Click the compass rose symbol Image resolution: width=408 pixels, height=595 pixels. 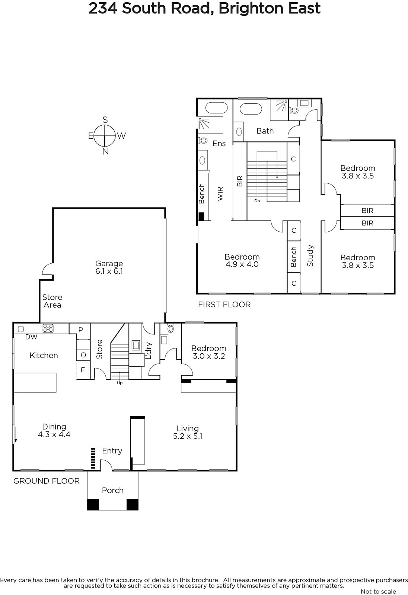click(105, 136)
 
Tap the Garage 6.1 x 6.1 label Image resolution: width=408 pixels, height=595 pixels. click(109, 267)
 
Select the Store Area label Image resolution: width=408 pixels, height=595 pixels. click(52, 301)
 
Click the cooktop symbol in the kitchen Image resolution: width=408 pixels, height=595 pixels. click(48, 328)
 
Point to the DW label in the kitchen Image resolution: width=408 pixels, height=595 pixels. click(31, 337)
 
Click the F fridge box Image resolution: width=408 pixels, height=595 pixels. click(83, 370)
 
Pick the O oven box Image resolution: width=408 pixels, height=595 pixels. click(83, 355)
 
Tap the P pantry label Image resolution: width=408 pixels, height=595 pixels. click(80, 329)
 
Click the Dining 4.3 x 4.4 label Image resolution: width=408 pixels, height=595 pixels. click(54, 430)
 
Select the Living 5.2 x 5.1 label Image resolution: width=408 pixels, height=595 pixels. click(188, 432)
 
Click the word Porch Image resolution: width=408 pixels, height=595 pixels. click(113, 490)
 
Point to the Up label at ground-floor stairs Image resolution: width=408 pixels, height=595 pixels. click(120, 383)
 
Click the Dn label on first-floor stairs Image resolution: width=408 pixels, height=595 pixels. click(257, 201)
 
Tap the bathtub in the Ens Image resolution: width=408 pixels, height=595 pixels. click(217, 108)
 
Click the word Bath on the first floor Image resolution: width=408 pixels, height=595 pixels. click(265, 131)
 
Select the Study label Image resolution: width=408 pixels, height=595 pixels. click(310, 255)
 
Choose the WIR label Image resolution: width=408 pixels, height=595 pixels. click(220, 194)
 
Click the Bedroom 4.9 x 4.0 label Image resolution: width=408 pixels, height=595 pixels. click(242, 261)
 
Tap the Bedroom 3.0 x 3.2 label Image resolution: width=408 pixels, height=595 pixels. click(209, 352)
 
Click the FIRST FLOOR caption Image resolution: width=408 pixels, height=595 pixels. click(224, 305)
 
